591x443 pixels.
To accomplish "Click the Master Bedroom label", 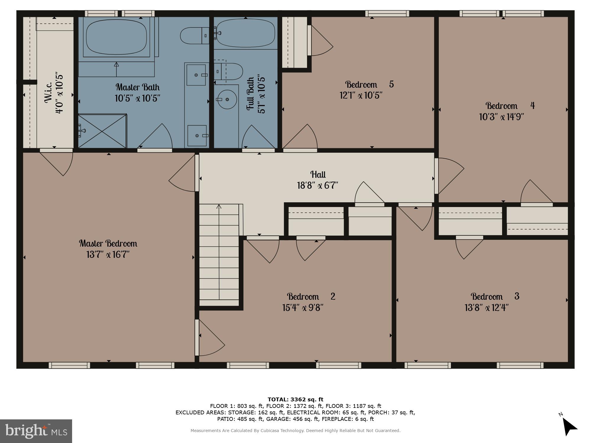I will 108,243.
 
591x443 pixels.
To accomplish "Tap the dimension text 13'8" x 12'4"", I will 486,308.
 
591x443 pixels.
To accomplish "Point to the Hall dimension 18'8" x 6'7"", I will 317,185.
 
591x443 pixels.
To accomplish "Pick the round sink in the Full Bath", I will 227,100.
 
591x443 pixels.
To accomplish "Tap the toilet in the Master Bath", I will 194,35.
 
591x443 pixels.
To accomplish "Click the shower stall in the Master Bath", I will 102,131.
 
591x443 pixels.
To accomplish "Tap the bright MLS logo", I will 36,431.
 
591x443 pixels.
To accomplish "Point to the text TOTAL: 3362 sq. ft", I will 295,400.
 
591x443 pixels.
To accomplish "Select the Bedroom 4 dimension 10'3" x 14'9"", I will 501,117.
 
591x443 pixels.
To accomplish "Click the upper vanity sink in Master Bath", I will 196,75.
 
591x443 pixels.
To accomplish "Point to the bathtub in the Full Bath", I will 245,32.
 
